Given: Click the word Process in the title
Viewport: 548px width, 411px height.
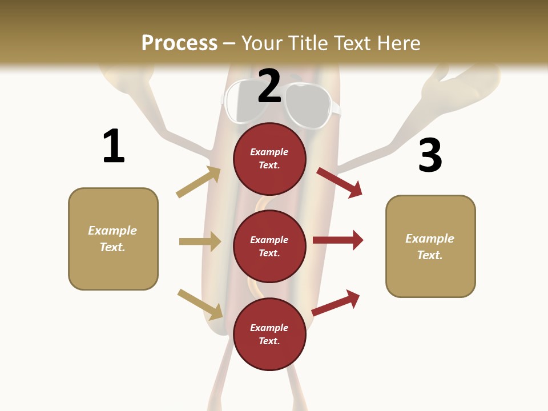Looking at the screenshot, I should pyautogui.click(x=179, y=43).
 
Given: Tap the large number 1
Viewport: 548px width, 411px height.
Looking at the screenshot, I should pyautogui.click(x=114, y=146).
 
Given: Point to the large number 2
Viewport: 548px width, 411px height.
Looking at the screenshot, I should pyautogui.click(x=269, y=86).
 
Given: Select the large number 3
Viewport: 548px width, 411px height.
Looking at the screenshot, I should pyautogui.click(x=430, y=155).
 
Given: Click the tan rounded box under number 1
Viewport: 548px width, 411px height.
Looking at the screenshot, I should pyautogui.click(x=113, y=239).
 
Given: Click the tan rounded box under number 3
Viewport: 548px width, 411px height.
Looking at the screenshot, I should pyautogui.click(x=430, y=247).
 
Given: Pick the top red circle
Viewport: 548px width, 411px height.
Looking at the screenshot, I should pyautogui.click(x=269, y=159).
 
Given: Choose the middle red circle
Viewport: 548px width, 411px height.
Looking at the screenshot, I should pyautogui.click(x=269, y=246).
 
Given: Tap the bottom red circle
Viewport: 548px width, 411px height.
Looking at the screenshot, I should pyautogui.click(x=269, y=334).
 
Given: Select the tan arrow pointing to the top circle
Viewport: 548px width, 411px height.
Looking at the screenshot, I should pyautogui.click(x=199, y=182).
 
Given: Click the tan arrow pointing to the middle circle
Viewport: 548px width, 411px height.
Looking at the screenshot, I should pyautogui.click(x=200, y=241).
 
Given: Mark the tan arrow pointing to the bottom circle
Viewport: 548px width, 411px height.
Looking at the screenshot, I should pyautogui.click(x=200, y=304).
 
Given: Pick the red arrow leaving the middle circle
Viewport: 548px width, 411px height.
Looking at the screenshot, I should pyautogui.click(x=338, y=240).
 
